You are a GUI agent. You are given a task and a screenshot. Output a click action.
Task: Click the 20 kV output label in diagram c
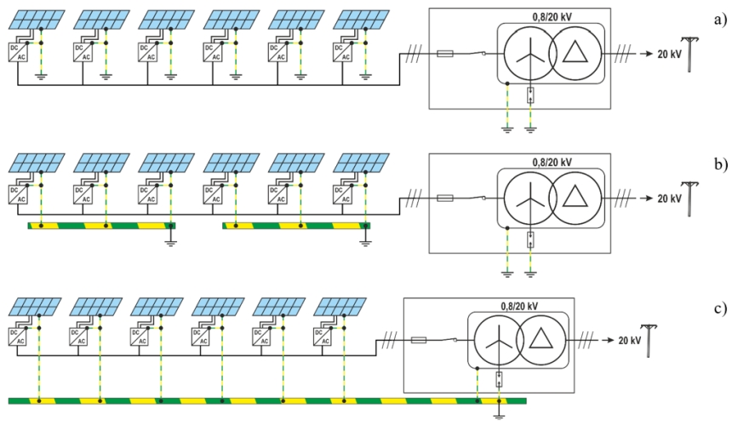tap(630, 341)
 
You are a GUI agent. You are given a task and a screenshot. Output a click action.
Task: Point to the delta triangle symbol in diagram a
tap(580, 54)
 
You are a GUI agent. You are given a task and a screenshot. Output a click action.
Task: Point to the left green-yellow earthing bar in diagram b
tap(100, 226)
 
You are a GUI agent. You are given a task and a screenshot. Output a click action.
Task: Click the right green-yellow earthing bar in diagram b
tap(295, 226)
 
